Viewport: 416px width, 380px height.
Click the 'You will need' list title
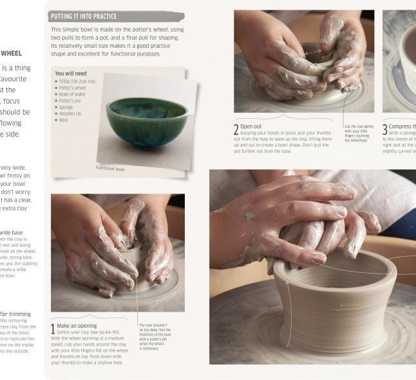[71, 74]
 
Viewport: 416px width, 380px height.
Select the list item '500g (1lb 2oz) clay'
[78, 81]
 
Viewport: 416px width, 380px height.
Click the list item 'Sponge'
[66, 107]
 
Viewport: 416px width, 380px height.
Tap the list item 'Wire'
[64, 120]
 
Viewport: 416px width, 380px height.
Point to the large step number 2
[236, 129]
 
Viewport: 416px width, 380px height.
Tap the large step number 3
[384, 129]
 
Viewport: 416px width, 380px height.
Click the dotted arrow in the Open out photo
[312, 52]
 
